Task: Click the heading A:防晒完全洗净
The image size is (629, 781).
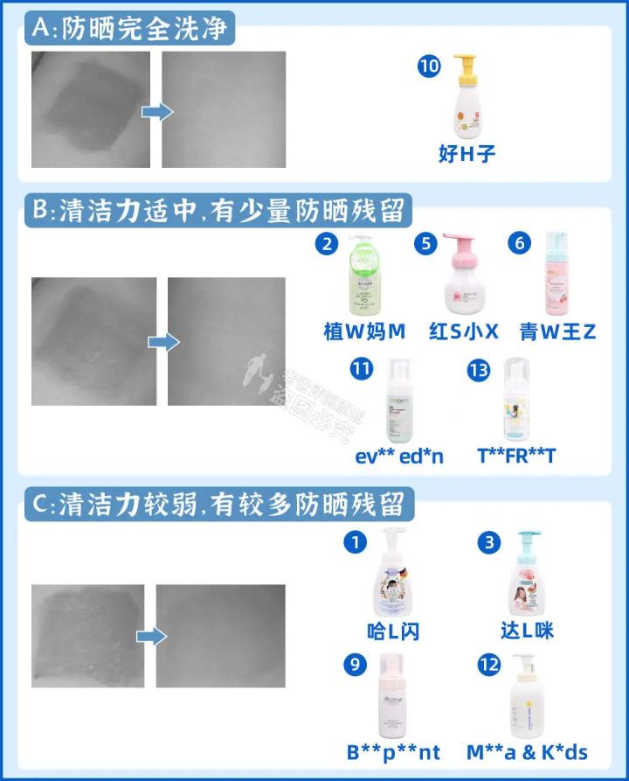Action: (x=130, y=29)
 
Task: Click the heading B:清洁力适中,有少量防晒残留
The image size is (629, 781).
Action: (x=218, y=211)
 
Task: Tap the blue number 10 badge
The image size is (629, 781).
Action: (x=429, y=67)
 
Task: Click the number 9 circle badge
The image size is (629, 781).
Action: (x=355, y=665)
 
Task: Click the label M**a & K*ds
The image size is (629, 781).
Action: (x=527, y=751)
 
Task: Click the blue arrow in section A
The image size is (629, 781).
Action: (x=156, y=111)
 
